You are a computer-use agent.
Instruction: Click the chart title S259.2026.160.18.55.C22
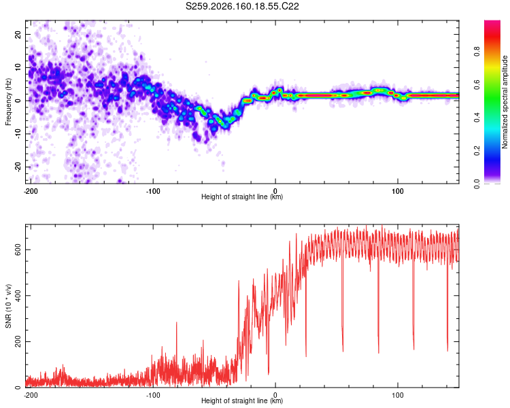pyautogui.click(x=242, y=6)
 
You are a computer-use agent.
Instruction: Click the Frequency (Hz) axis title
pyautogui.click(x=8, y=102)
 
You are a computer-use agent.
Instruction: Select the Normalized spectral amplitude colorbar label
pyautogui.click(x=505, y=102)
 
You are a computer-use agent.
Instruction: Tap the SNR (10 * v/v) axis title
pyautogui.click(x=8, y=306)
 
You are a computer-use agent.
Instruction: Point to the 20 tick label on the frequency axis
pyautogui.click(x=18, y=35)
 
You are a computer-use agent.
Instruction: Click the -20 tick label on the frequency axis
pyautogui.click(x=18, y=167)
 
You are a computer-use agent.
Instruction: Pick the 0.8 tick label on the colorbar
pyautogui.click(x=477, y=52)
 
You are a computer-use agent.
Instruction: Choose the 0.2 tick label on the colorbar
pyautogui.click(x=477, y=151)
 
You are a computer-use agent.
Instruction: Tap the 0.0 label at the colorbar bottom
pyautogui.click(x=477, y=184)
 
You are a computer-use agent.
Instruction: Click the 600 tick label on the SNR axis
pyautogui.click(x=18, y=250)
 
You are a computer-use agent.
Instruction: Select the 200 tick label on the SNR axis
pyautogui.click(x=18, y=341)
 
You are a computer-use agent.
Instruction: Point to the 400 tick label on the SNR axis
pyautogui.click(x=18, y=295)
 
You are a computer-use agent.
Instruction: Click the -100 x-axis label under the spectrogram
pyautogui.click(x=153, y=191)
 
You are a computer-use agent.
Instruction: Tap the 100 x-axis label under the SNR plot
pyautogui.click(x=398, y=395)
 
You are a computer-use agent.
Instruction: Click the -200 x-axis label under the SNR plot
pyautogui.click(x=31, y=395)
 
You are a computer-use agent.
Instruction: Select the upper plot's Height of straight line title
pyautogui.click(x=242, y=197)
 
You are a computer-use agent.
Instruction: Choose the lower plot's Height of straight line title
pyautogui.click(x=242, y=401)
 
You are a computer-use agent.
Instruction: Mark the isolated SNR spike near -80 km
pyautogui.click(x=177, y=322)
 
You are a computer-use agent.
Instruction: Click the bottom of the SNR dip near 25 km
pyautogui.click(x=306, y=356)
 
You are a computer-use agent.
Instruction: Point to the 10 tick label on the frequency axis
pyautogui.click(x=18, y=67)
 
